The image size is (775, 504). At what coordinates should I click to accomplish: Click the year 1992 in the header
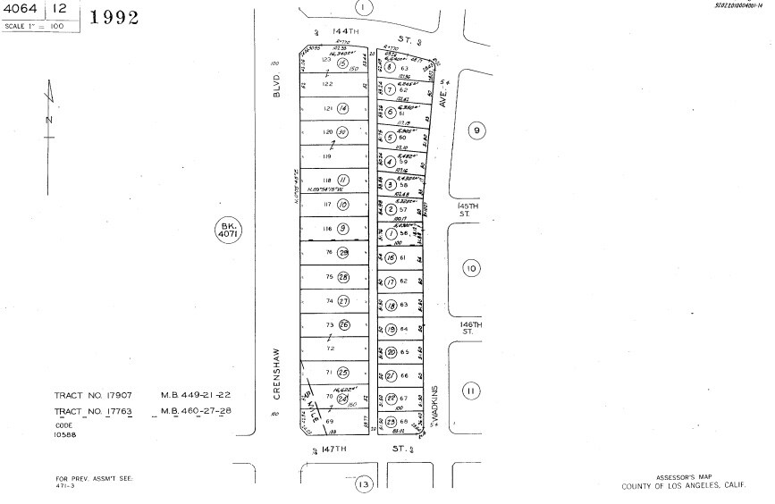[x=114, y=17]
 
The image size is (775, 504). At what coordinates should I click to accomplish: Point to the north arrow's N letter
[x=49, y=119]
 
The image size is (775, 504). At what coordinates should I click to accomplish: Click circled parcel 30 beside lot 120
[x=341, y=131]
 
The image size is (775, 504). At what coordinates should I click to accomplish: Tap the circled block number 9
[x=476, y=130]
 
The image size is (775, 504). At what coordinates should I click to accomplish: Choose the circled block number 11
[x=471, y=390]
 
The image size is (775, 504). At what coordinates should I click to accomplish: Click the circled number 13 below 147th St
[x=363, y=484]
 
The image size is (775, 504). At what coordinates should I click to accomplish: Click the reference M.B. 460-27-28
[x=196, y=410]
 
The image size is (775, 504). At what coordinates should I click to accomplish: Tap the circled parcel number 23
[x=391, y=422]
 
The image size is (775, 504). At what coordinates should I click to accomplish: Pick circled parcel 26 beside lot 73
[x=343, y=325]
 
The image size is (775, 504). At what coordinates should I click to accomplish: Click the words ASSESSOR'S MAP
[x=681, y=477]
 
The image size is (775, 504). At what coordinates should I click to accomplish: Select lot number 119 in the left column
[x=327, y=155]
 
